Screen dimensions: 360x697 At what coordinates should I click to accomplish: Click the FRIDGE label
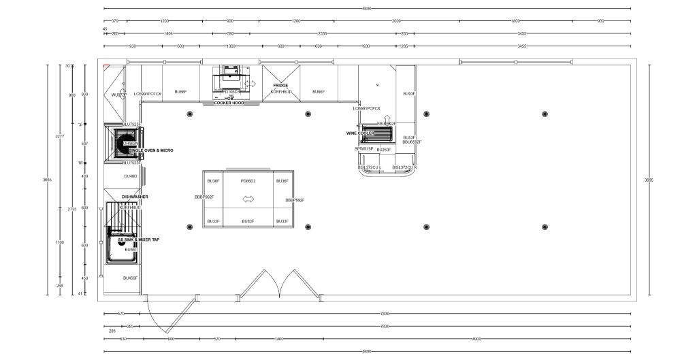(x=281, y=86)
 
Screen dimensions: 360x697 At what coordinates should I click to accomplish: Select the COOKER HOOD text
(x=229, y=103)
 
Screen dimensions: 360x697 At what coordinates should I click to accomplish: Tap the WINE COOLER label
(x=360, y=133)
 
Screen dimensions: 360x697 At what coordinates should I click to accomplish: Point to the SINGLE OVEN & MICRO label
(x=151, y=150)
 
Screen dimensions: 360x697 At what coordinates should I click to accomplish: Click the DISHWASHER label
(x=135, y=197)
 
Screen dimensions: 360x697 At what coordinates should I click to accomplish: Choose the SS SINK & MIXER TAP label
(x=139, y=240)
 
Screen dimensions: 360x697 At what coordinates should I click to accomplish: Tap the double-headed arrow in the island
(x=248, y=199)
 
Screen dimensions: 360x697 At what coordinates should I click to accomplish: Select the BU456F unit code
(x=131, y=278)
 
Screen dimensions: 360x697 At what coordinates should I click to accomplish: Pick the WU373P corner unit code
(x=119, y=95)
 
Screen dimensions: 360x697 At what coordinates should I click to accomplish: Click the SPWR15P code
(x=364, y=148)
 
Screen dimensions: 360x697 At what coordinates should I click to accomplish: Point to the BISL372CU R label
(x=404, y=167)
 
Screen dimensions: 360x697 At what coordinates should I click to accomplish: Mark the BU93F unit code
(x=408, y=94)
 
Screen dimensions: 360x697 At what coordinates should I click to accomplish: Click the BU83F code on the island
(x=248, y=221)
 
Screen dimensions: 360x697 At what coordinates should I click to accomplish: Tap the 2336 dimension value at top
(x=323, y=33)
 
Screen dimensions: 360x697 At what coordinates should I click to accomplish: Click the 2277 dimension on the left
(x=60, y=136)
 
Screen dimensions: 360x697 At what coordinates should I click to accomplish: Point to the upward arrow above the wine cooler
(x=387, y=118)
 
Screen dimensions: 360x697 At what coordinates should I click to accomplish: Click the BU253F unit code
(x=383, y=149)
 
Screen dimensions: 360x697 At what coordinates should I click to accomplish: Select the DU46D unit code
(x=131, y=176)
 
